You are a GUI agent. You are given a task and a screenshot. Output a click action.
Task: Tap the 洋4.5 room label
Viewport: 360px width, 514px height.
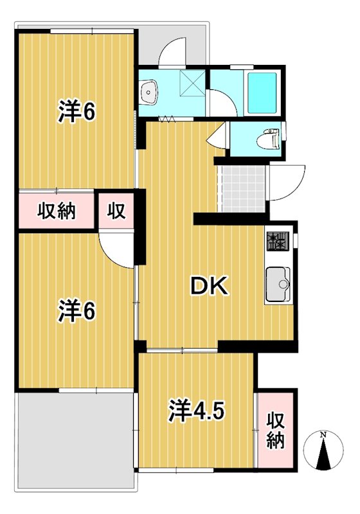click(197, 409)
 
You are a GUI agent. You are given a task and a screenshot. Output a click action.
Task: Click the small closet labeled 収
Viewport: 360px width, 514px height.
click(116, 209)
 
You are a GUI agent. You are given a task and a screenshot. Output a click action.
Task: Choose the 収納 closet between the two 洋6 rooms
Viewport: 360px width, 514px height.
click(56, 209)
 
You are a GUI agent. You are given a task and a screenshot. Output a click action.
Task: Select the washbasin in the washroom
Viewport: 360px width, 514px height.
click(150, 93)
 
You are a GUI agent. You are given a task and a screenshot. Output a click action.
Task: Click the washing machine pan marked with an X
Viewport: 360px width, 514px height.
click(191, 82)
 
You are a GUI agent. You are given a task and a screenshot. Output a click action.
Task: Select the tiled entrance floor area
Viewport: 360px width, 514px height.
click(242, 190)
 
